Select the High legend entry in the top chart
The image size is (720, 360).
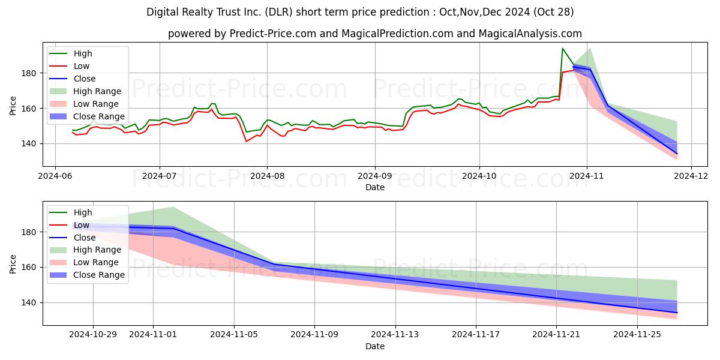click(83, 53)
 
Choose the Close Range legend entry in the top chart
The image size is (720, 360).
click(99, 116)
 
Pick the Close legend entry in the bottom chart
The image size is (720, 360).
click(84, 238)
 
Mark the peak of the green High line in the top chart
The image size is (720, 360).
click(562, 49)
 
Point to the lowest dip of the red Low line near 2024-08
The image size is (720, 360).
click(247, 141)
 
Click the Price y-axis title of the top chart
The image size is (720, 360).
click(13, 104)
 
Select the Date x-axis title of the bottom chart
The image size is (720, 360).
click(375, 346)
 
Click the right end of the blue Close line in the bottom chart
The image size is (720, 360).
click(677, 313)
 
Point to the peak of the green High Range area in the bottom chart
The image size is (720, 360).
click(173, 207)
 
